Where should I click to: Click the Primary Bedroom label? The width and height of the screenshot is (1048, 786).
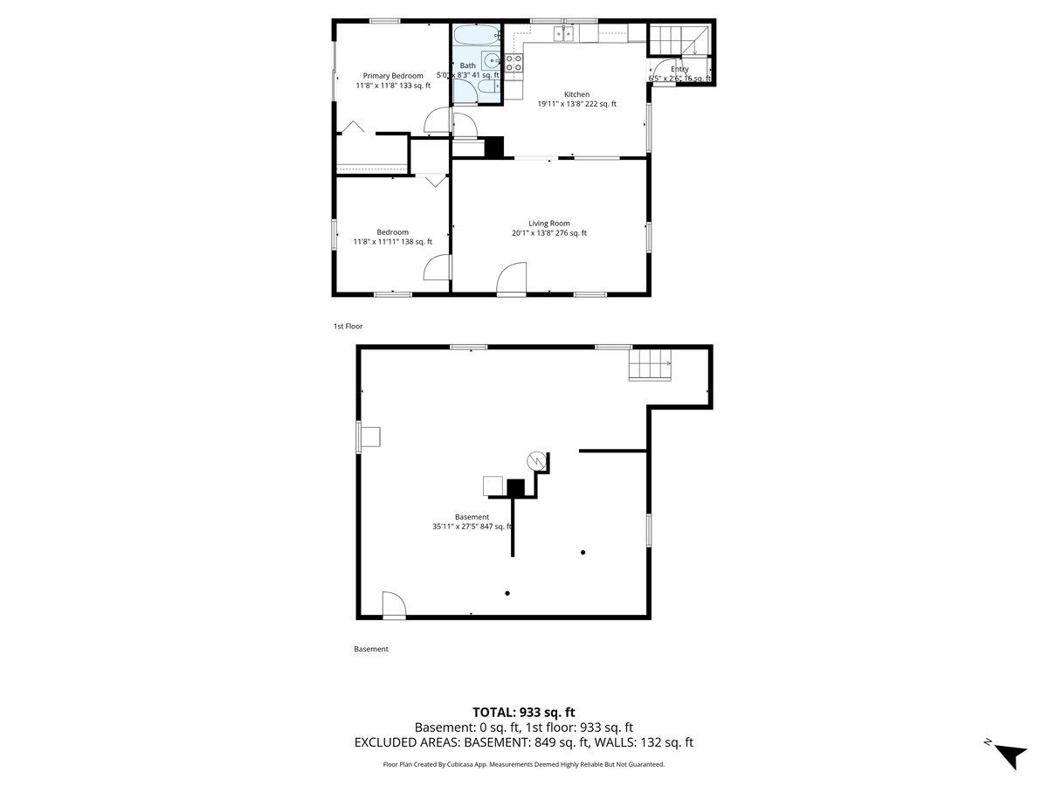pos(393,76)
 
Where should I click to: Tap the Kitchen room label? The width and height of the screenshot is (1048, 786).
pos(576,94)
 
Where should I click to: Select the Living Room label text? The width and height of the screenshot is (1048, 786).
pos(548,224)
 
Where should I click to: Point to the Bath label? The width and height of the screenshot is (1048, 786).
pos(468,65)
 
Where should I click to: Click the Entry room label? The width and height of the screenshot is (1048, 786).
pos(679,69)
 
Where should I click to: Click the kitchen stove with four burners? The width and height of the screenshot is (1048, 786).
pos(514,62)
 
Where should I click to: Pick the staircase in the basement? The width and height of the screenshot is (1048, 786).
pos(650,364)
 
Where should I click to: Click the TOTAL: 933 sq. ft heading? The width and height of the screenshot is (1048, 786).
pos(524,712)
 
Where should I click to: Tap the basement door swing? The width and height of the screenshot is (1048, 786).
pos(393,604)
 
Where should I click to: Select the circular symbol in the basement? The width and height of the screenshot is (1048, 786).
pos(535,461)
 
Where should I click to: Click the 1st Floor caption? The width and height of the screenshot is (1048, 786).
pos(348,327)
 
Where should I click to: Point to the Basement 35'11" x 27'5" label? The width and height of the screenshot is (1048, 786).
pos(472,521)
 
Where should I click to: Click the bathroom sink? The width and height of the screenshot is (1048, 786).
pos(490,61)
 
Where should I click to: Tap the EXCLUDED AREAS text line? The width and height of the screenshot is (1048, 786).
pos(524,742)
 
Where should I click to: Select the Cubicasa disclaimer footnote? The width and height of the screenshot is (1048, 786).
pos(524,764)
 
